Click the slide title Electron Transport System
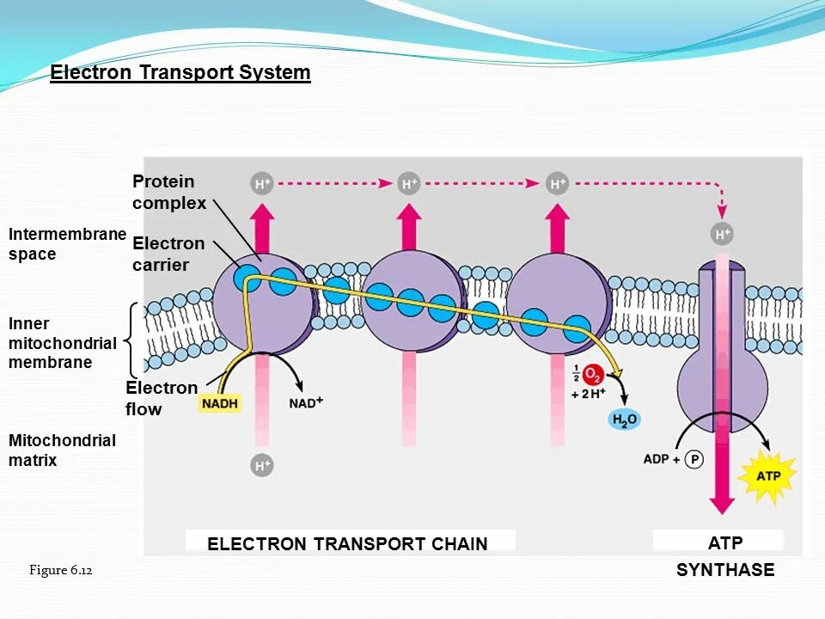(180, 72)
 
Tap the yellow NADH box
(221, 403)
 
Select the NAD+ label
(306, 402)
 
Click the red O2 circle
(593, 375)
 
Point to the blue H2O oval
(625, 420)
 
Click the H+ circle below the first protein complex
(262, 465)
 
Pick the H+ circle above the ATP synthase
(723, 234)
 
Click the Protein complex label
(169, 193)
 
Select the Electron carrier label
(168, 254)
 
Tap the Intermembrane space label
(67, 244)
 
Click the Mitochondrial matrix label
(62, 450)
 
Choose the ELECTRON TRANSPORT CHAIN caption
(347, 543)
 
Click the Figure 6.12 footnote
(60, 570)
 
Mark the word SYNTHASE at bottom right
(725, 570)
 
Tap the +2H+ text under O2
(589, 394)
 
